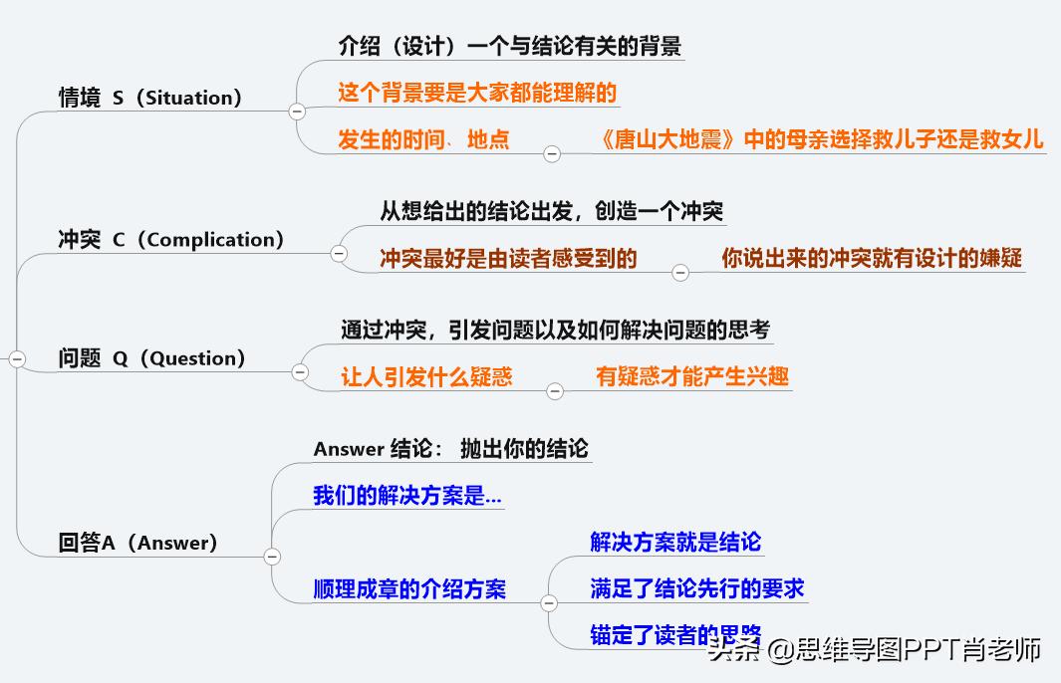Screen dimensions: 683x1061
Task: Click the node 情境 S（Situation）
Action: (150, 98)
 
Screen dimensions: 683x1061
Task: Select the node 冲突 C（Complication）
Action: (171, 240)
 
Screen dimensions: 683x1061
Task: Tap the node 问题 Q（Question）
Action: (151, 359)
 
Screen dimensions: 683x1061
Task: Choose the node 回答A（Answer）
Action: (137, 544)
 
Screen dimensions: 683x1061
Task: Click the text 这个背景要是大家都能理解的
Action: (477, 94)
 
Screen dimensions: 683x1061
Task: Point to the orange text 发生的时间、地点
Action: (423, 139)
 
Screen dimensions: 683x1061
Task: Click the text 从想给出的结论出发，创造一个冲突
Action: (551, 211)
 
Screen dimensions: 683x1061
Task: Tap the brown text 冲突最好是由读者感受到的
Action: (508, 259)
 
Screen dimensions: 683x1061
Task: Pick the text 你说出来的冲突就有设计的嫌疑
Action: (872, 258)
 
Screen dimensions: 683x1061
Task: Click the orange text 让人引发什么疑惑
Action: (426, 376)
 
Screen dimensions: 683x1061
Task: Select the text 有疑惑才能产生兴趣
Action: (691, 375)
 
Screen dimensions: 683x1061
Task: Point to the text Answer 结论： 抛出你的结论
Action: (450, 449)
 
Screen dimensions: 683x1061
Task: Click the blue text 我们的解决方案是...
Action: (406, 496)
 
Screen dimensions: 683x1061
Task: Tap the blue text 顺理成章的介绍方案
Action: (409, 589)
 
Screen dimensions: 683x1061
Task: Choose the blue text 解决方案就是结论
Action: (675, 542)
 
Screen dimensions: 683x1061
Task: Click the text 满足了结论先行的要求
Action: (696, 588)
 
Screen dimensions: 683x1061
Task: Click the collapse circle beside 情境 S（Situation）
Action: (297, 112)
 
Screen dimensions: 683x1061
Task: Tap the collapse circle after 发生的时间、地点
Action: (551, 153)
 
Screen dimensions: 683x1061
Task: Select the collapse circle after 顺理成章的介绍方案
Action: (549, 603)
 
